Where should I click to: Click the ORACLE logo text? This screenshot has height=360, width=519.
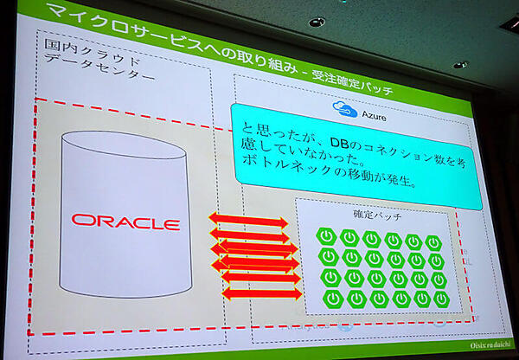125,222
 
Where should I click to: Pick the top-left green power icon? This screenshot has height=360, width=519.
327,235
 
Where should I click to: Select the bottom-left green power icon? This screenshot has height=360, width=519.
332,299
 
